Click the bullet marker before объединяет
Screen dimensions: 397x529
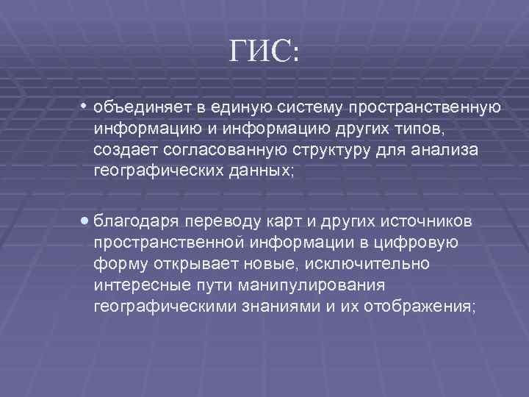click(85, 107)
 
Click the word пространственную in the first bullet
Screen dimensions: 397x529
click(425, 108)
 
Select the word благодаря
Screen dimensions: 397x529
click(136, 221)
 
